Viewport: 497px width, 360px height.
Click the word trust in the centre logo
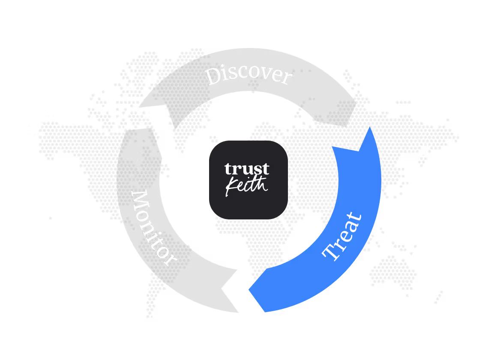247,168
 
